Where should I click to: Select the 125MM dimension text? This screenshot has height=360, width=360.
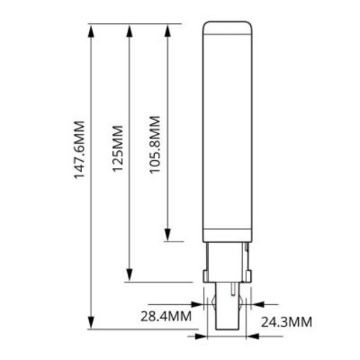117,149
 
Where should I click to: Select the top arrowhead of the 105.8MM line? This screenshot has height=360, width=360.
168,29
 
